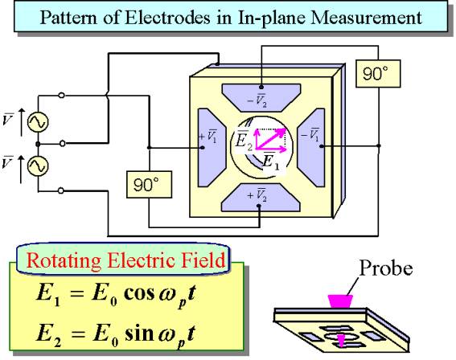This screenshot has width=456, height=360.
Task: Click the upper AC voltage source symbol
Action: coord(38,122)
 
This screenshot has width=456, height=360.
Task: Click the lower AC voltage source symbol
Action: coord(38,166)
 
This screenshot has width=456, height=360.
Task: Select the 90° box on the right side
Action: coord(378,73)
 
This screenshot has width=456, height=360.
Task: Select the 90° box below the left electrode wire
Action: coord(150,185)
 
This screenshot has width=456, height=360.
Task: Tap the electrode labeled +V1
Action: coord(212,148)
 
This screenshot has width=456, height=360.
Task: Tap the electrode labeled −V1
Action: coord(311,148)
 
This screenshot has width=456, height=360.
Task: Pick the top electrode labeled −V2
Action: coord(261,98)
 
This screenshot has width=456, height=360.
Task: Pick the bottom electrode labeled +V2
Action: coord(261,198)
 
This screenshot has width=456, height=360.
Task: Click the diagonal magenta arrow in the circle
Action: coord(271,139)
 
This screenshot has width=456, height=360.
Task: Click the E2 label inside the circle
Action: coord(244,141)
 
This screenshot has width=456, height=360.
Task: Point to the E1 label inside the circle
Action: coord(271,162)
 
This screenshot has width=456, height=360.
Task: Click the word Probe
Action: coord(386,268)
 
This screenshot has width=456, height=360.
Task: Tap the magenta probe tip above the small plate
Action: coord(340,301)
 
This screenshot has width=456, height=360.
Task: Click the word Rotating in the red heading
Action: coord(64,260)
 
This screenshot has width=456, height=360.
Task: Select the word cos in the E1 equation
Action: coord(139,294)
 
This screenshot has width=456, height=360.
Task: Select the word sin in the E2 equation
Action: coord(139,333)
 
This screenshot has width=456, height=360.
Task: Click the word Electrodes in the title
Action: coord(167,18)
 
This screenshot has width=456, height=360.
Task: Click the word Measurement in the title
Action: coord(366,18)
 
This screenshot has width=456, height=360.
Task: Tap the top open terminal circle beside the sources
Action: coord(61,95)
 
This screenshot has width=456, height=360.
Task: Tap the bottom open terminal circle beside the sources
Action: coord(61,190)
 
